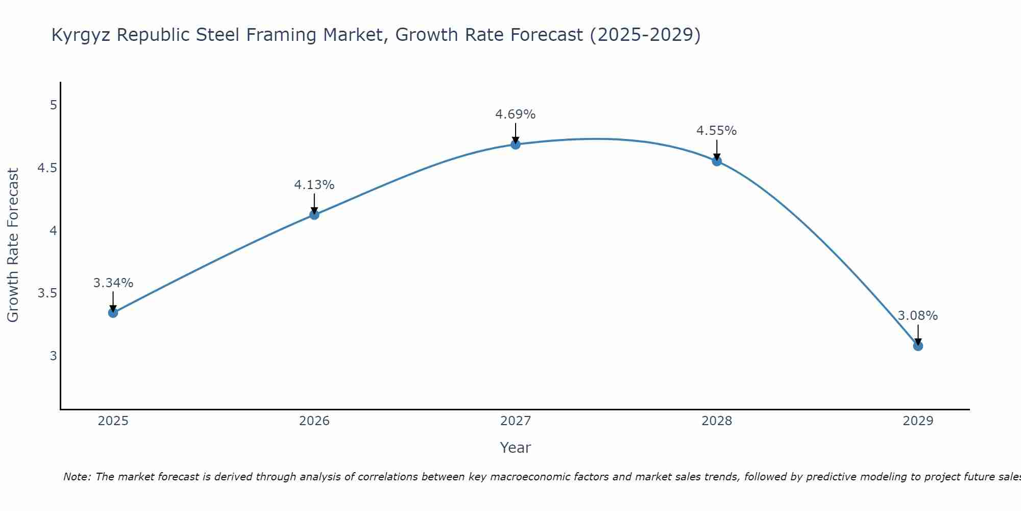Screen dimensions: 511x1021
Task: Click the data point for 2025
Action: (x=113, y=313)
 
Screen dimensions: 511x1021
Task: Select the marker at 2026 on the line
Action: (x=314, y=215)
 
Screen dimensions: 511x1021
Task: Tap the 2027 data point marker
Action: (x=516, y=145)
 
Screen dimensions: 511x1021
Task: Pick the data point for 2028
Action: (x=717, y=161)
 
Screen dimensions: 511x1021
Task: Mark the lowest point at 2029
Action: (x=918, y=346)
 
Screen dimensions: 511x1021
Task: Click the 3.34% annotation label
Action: (x=113, y=283)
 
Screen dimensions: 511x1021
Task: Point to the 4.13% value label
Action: (x=314, y=185)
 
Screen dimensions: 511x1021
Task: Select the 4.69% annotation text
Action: (x=516, y=114)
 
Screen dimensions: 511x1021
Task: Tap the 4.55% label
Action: (x=717, y=131)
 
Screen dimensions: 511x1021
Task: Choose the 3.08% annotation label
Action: (x=918, y=316)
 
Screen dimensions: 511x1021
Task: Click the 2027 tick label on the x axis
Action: (x=516, y=421)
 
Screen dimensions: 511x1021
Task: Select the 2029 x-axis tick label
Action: (x=918, y=421)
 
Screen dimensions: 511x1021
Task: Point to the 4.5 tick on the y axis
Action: (x=47, y=168)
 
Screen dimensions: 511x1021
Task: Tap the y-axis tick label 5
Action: (x=53, y=105)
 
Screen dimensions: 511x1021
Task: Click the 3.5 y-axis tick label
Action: (x=47, y=293)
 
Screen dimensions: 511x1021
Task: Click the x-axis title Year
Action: (x=516, y=448)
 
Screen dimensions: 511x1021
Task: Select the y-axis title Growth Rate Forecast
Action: (x=13, y=245)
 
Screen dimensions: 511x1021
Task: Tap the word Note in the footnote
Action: (x=76, y=477)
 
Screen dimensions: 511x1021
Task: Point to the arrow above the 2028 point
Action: (x=717, y=150)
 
